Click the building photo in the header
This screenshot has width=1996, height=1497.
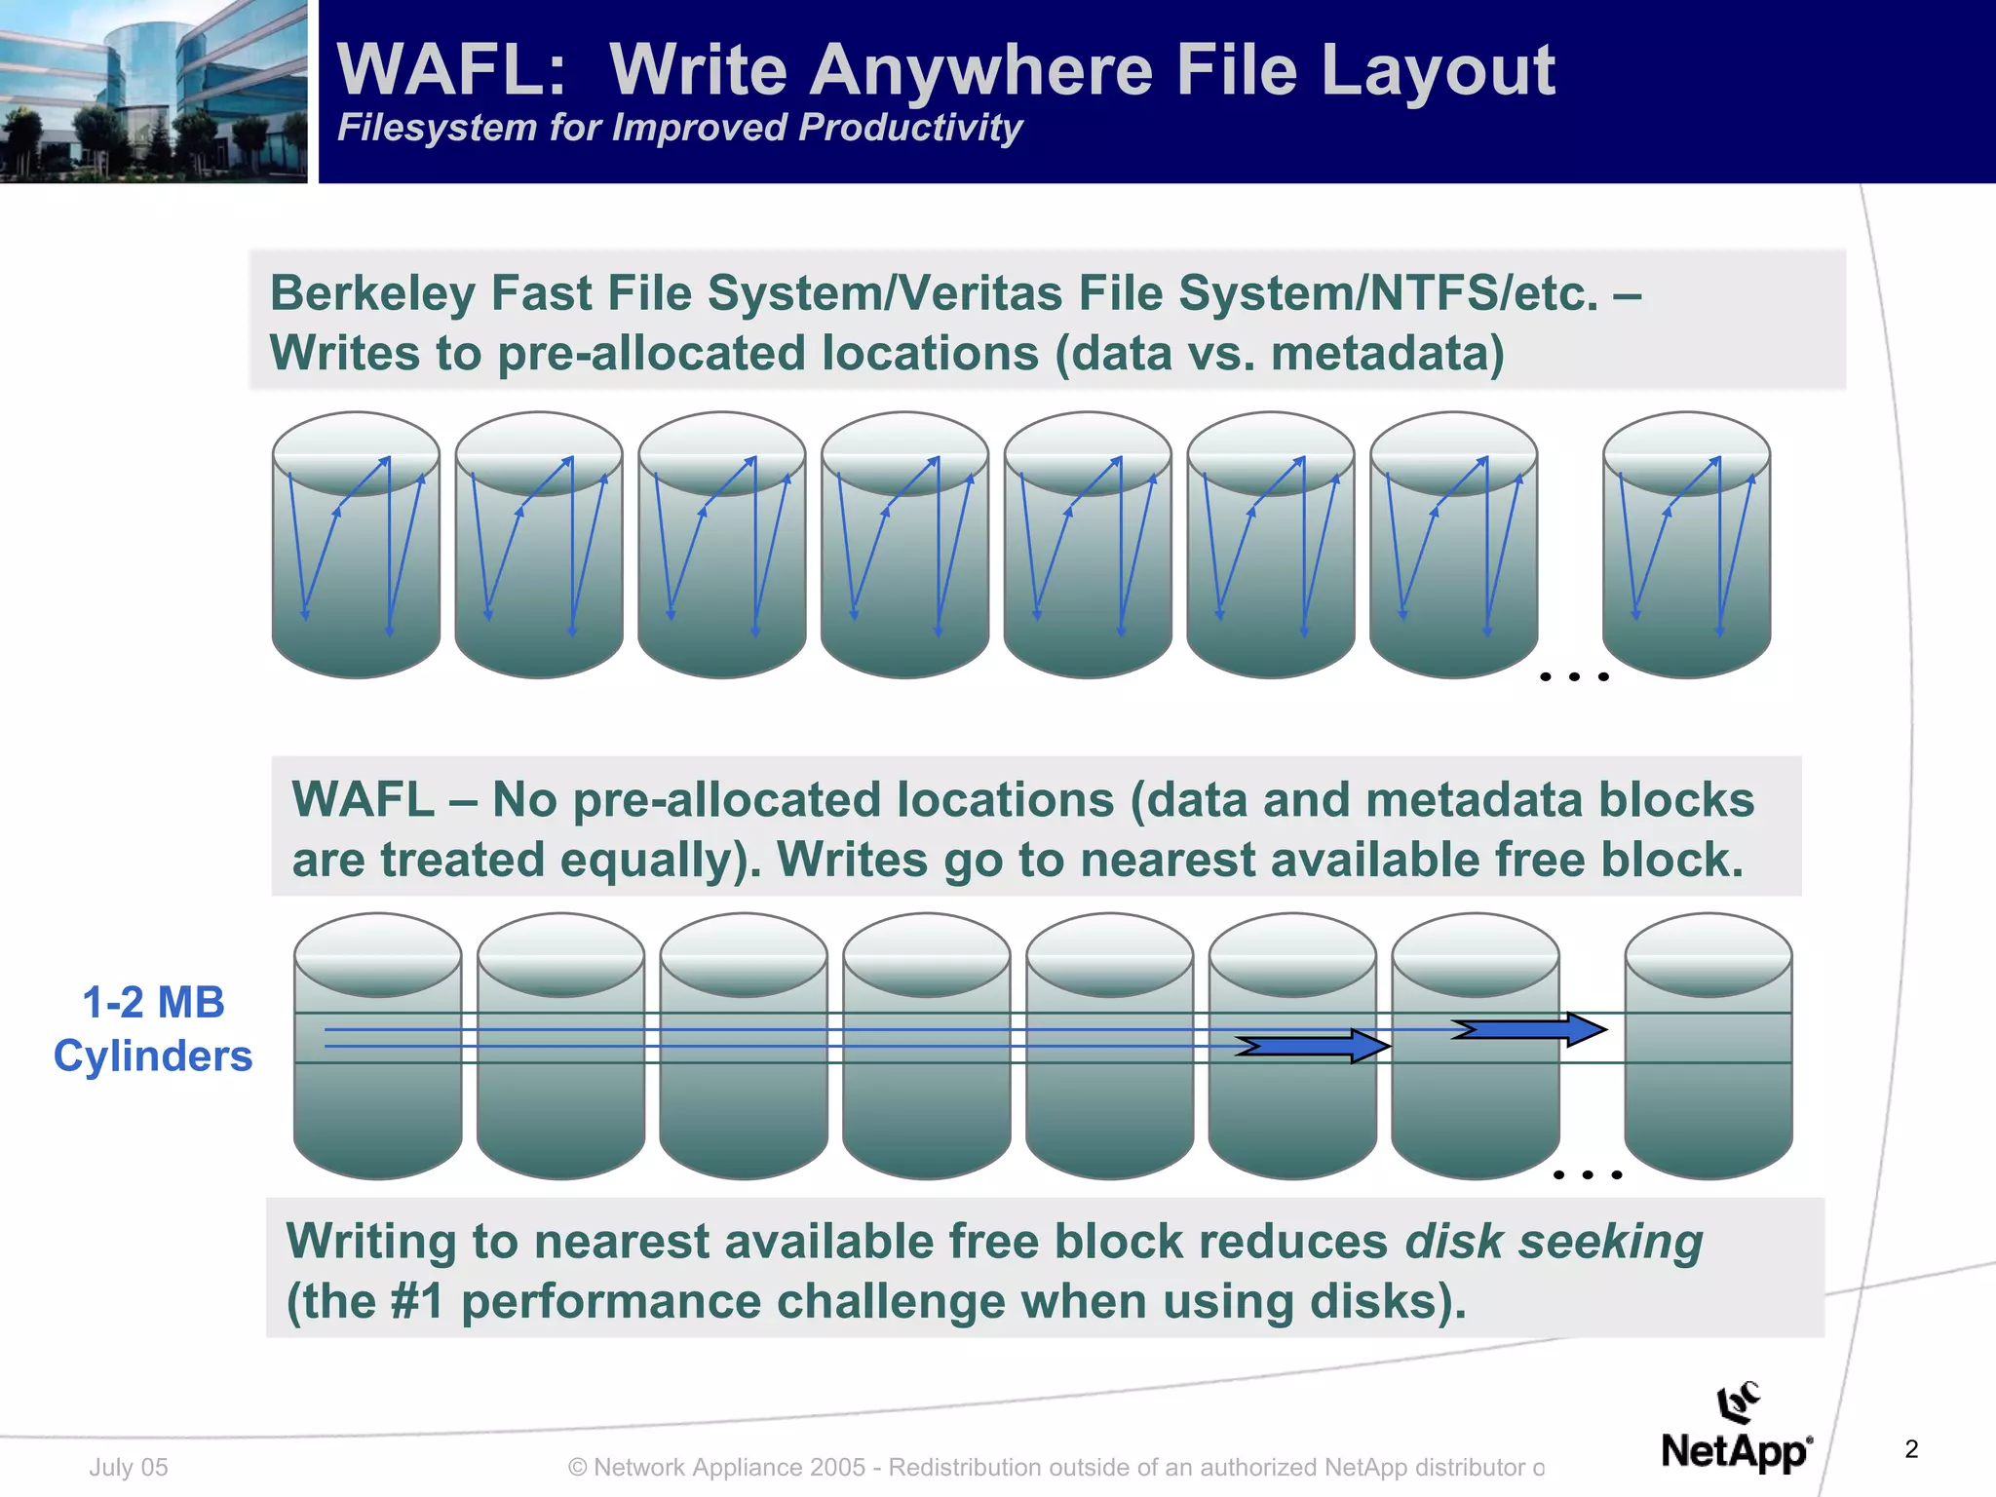(153, 91)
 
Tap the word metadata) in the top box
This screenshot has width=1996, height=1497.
(1388, 354)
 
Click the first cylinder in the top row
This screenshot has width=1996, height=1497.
(356, 545)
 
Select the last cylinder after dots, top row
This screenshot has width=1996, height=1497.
(1686, 545)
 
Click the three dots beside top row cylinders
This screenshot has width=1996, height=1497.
(1573, 675)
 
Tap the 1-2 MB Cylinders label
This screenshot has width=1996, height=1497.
(153, 1029)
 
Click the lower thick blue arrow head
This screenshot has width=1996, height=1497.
(1369, 1047)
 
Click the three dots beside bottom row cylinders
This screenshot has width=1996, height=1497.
(1587, 1174)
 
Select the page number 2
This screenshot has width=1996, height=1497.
(1911, 1449)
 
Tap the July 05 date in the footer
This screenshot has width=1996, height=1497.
(129, 1467)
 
